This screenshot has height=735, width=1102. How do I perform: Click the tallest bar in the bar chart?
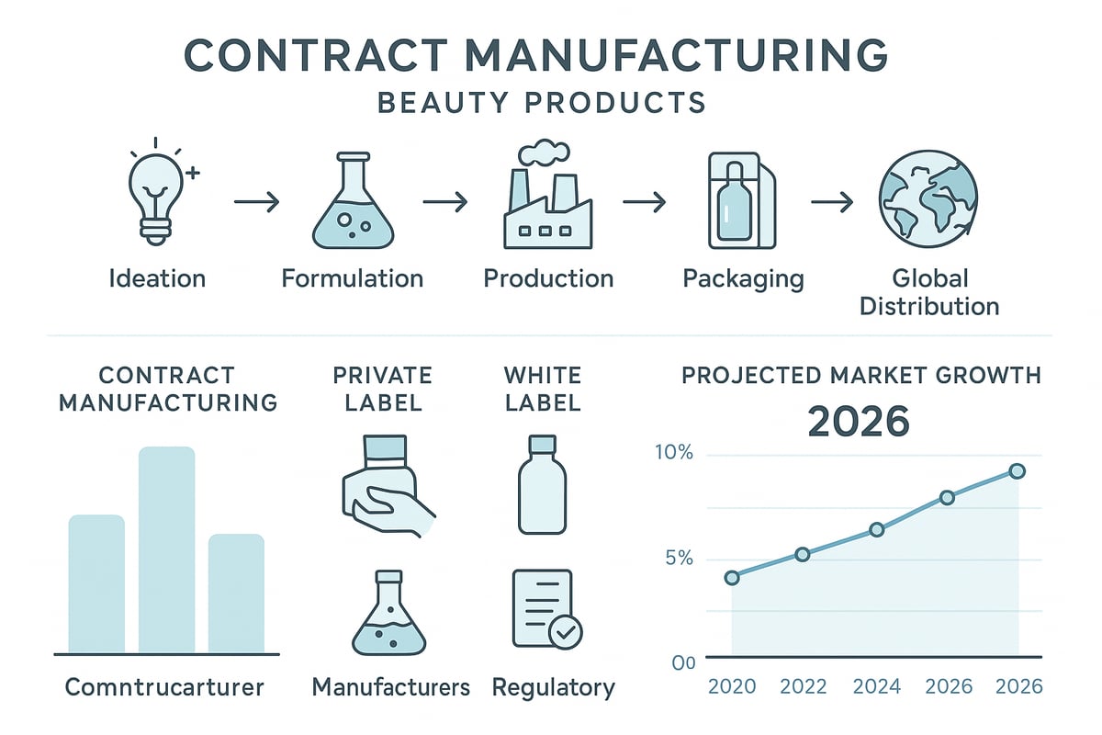point(166,548)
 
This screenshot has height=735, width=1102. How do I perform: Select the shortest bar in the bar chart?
point(236,593)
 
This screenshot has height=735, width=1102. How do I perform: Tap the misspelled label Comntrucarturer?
point(165,687)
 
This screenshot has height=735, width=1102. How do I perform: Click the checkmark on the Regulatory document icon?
point(565,632)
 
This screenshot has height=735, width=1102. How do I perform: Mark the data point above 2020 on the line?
point(732,578)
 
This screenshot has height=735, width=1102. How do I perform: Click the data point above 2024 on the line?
point(876,529)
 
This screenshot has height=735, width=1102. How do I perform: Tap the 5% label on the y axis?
point(676,559)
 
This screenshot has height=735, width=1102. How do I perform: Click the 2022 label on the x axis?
point(803,687)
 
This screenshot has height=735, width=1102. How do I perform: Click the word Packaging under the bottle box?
point(743,278)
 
